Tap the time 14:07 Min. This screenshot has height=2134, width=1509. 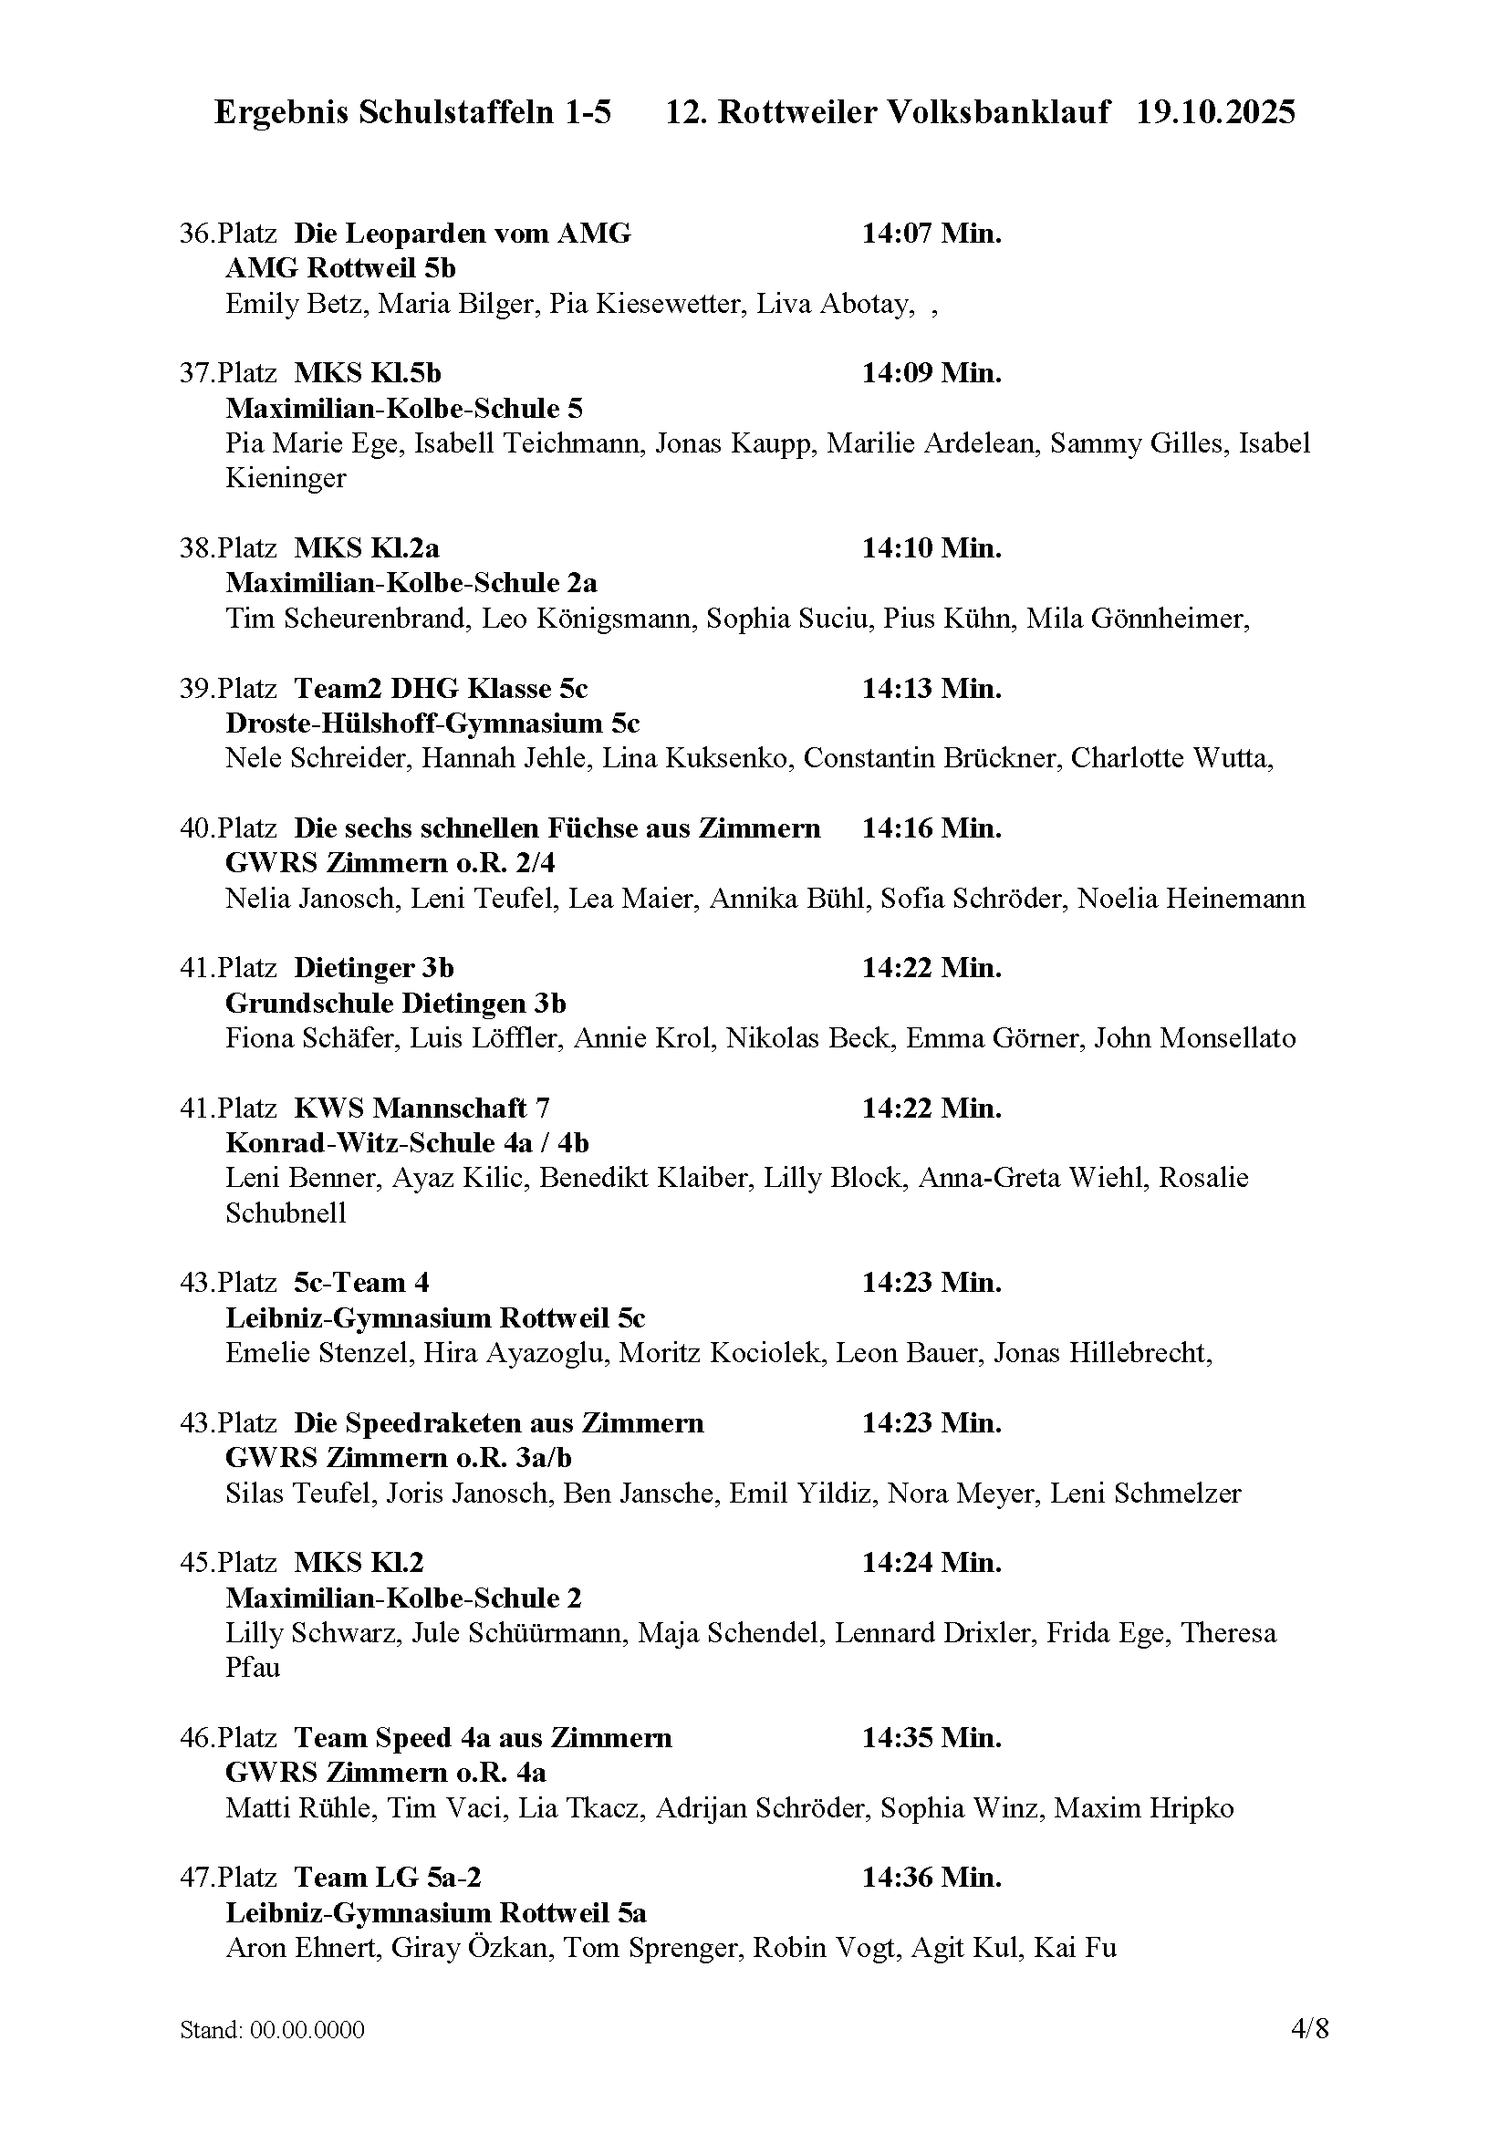[x=931, y=234]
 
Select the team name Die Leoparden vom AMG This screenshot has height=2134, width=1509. [x=462, y=234]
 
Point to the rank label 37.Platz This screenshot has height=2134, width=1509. [x=228, y=374]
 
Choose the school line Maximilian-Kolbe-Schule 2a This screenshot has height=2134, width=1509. [x=411, y=584]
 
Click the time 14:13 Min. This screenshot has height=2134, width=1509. [x=931, y=689]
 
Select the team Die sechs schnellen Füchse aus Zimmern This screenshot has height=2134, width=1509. [x=557, y=828]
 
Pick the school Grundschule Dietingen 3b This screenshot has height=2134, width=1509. [x=395, y=1004]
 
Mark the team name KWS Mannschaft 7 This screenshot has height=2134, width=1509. [x=421, y=1109]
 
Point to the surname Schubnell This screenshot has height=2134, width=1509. [x=286, y=1213]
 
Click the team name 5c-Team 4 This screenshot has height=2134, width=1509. [x=361, y=1284]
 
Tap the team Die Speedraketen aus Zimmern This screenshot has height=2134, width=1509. [x=498, y=1424]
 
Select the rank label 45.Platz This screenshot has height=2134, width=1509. [x=228, y=1564]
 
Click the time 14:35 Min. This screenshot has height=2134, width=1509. [x=931, y=1738]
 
